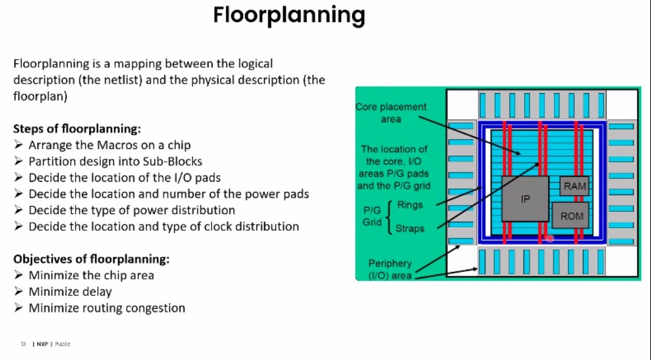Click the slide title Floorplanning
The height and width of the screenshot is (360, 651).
tap(289, 15)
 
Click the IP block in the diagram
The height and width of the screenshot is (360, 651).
tap(525, 199)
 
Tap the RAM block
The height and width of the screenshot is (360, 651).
tap(574, 186)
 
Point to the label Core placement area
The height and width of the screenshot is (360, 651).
tap(391, 113)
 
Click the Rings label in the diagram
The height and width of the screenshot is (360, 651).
tap(410, 204)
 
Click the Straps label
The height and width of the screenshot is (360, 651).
tap(410, 228)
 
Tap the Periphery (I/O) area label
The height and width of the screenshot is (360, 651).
tap(390, 270)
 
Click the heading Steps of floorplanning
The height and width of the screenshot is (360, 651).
tap(78, 129)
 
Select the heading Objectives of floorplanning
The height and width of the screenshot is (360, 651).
tap(91, 258)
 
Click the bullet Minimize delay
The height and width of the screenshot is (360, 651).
tap(70, 292)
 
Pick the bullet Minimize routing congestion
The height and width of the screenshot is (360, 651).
tap(106, 308)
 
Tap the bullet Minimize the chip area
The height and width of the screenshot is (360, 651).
tap(91, 275)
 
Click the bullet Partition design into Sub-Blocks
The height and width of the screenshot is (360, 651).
tap(115, 162)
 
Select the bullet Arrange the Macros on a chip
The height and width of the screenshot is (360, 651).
tap(110, 146)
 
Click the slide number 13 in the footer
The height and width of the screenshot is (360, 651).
tap(22, 344)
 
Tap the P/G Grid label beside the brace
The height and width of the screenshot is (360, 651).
tap(372, 216)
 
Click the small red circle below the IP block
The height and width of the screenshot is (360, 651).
tap(550, 238)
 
